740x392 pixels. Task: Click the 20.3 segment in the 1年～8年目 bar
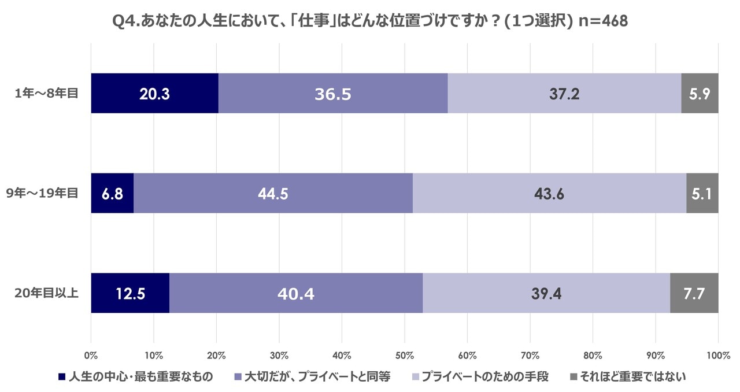point(154,93)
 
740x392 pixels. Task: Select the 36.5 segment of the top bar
point(333,93)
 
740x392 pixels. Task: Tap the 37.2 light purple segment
point(564,93)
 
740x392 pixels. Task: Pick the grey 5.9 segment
point(700,93)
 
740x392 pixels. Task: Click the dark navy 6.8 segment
point(112,193)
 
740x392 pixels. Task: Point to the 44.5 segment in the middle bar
point(273,193)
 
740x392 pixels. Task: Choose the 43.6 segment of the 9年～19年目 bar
point(549,193)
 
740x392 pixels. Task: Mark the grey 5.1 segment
point(702,193)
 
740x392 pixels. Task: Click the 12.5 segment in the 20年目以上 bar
point(130,293)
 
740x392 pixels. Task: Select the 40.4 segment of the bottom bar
point(296,293)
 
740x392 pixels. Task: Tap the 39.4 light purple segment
point(546,293)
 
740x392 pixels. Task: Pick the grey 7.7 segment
point(694,293)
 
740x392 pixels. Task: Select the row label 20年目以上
point(46,293)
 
